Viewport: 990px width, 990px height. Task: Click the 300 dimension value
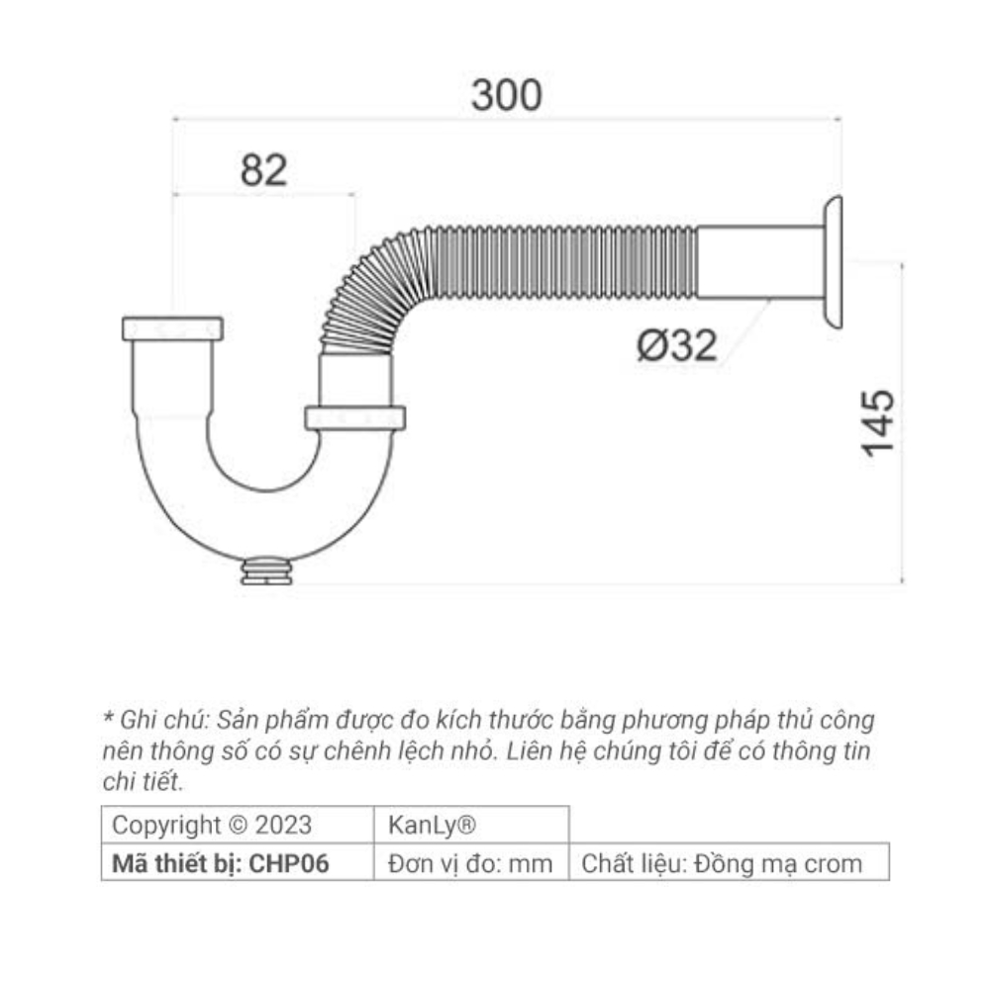click(506, 95)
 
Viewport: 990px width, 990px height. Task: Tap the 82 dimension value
click(263, 170)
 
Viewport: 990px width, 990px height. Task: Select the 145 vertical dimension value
click(878, 423)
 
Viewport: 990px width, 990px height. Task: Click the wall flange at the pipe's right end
click(832, 261)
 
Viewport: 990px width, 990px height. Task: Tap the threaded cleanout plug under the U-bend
click(266, 572)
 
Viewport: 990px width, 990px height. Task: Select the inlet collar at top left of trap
click(172, 329)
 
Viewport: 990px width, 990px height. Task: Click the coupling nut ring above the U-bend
click(354, 417)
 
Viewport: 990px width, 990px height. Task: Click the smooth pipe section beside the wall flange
click(758, 262)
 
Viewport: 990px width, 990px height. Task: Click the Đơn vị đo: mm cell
click(470, 862)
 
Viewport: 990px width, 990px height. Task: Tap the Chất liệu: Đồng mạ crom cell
click(728, 862)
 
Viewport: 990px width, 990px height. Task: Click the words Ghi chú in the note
click(154, 719)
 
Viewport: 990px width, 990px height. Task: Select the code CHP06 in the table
click(289, 862)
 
